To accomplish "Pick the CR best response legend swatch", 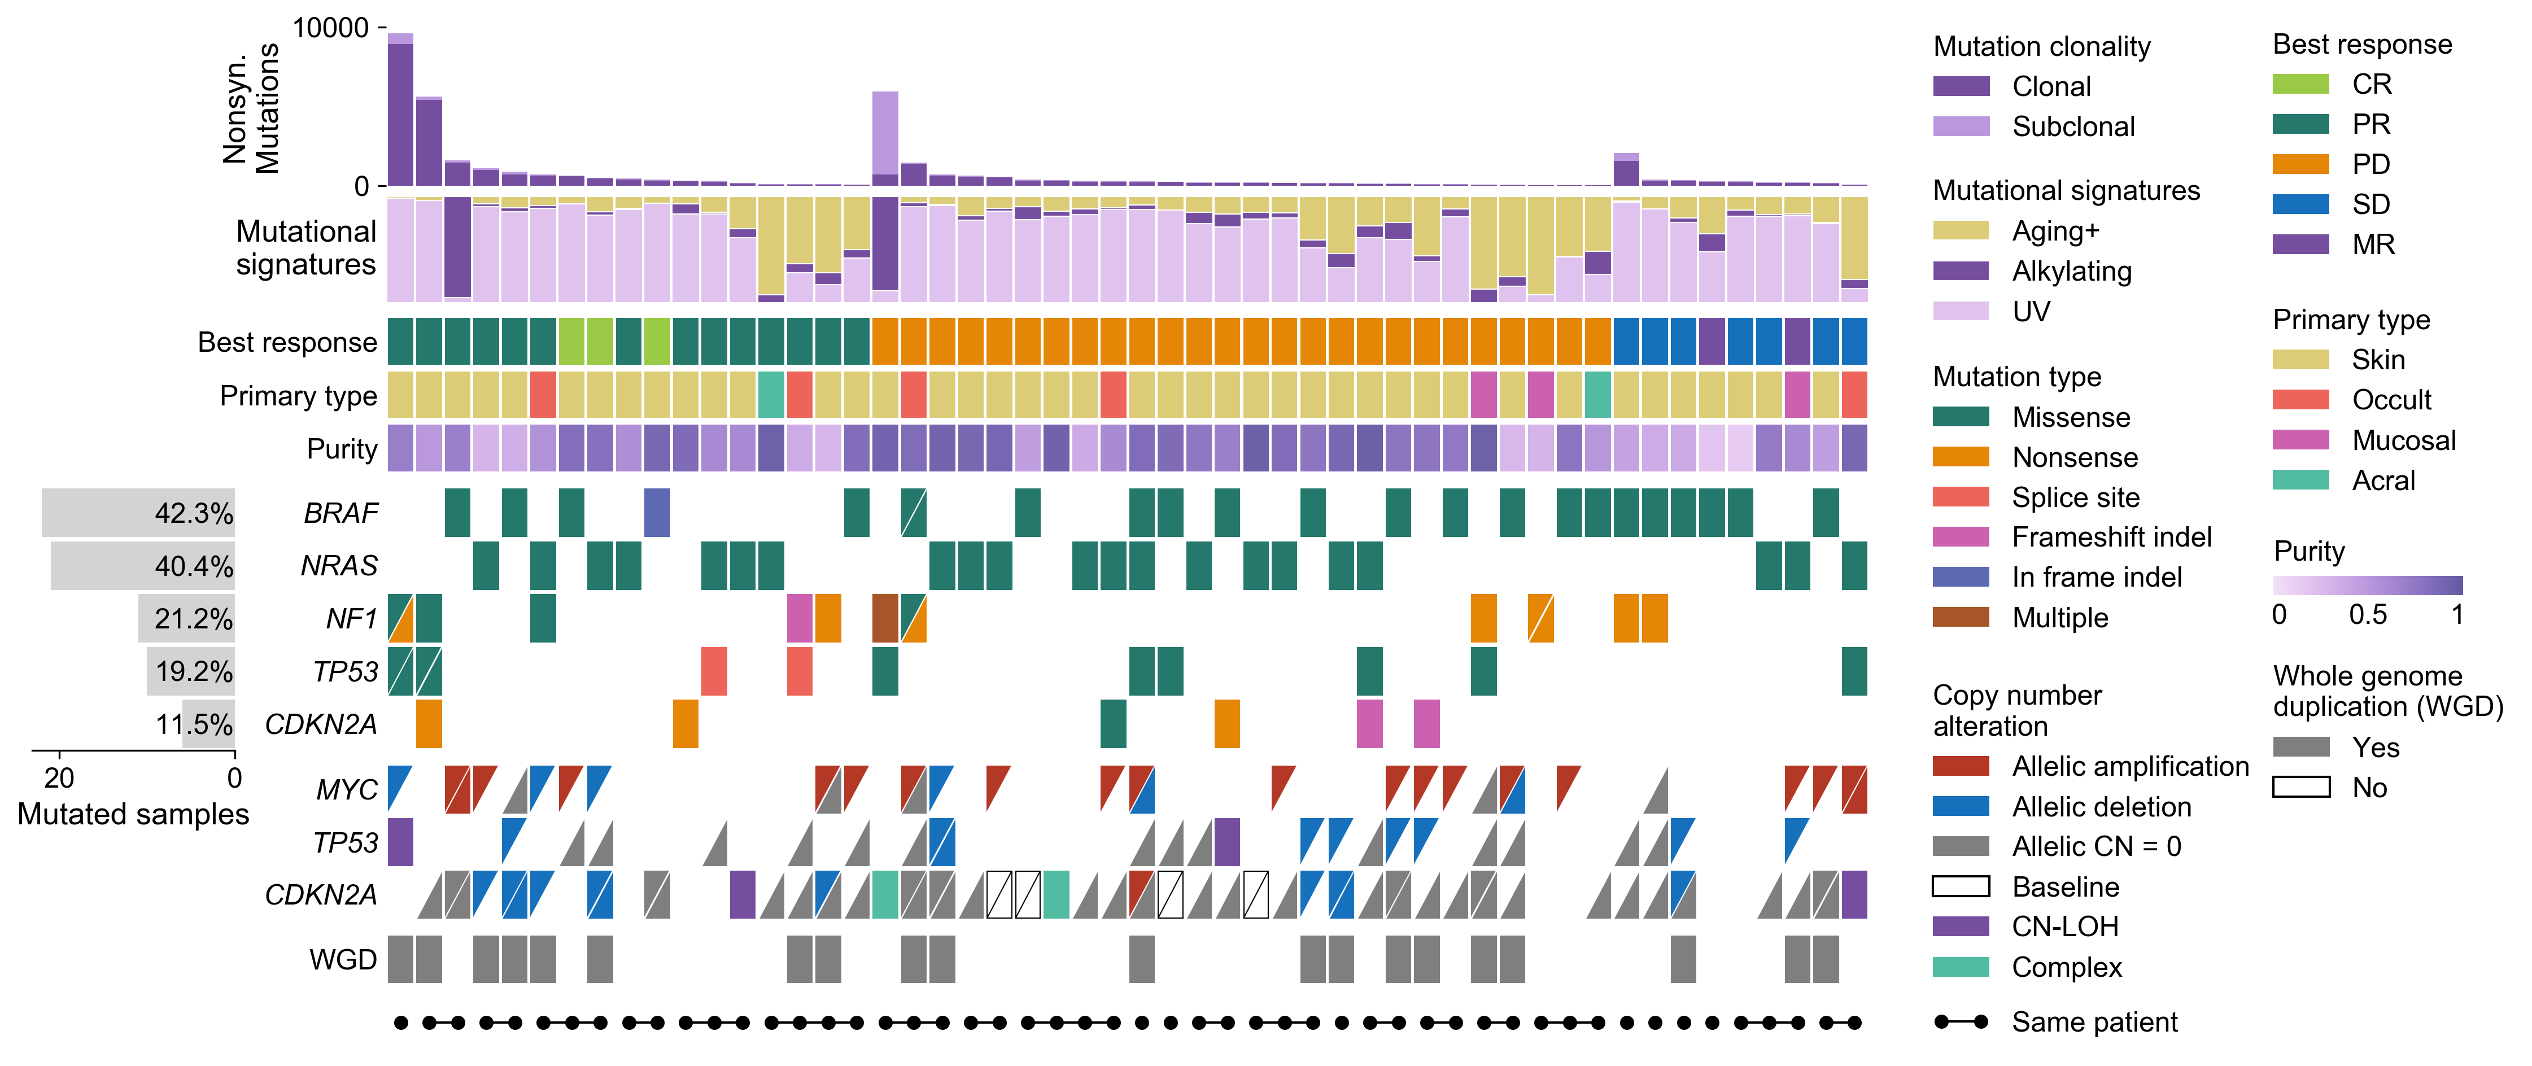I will click(2300, 85).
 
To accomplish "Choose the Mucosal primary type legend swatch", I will click(2300, 440).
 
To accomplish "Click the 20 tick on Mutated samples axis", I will click(59, 778).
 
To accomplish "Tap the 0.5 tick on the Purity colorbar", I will click(2367, 615).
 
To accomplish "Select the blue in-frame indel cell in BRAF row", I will click(657, 513).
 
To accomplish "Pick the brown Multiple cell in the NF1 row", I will click(885, 618).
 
